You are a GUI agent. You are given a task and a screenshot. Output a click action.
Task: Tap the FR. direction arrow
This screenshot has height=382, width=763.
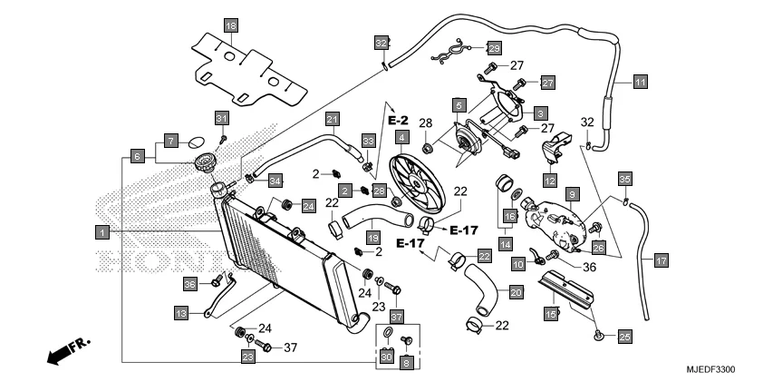pos(63,352)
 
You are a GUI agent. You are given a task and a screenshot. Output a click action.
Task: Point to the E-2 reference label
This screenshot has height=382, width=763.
pos(399,120)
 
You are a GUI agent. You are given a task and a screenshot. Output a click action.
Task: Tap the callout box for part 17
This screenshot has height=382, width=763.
pos(661,260)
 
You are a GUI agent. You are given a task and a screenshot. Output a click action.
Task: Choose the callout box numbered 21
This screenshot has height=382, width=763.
pos(332,119)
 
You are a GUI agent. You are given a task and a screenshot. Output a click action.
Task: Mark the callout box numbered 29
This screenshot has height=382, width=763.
pos(494,47)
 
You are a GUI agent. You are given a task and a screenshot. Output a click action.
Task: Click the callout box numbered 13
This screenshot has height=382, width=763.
pos(182,313)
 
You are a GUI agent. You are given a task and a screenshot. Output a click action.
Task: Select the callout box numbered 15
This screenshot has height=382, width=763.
pos(549,313)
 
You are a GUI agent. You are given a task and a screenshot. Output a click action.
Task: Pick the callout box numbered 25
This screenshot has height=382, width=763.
pos(624,337)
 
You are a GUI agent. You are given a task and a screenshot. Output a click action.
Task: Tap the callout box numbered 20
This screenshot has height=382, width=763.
pos(516,292)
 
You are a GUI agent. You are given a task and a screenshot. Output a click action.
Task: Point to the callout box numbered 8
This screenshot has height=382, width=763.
pos(406,361)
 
